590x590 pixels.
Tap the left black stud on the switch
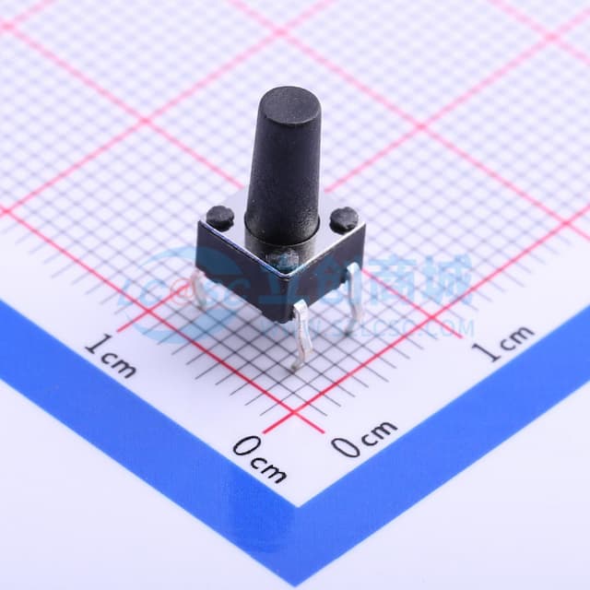point(219,218)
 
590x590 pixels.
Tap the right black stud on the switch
point(344,218)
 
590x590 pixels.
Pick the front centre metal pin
point(299,340)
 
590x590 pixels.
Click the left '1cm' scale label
point(110,357)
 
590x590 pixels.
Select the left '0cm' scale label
point(259,459)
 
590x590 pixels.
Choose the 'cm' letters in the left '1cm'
point(119,362)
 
